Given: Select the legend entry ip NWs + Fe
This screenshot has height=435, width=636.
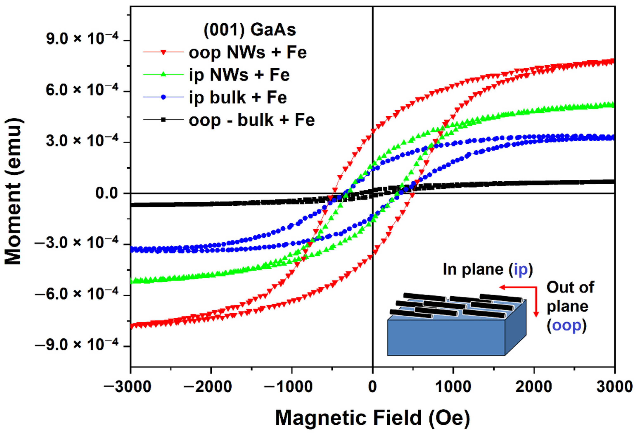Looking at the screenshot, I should [x=239, y=75].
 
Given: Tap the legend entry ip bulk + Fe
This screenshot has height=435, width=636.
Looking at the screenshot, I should [x=237, y=97].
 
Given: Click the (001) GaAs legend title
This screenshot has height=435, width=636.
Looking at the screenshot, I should [x=250, y=30].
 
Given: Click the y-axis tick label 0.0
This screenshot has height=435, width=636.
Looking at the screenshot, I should [x=107, y=193].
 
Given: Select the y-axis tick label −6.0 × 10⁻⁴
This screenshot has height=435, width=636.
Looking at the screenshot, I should [x=77, y=294].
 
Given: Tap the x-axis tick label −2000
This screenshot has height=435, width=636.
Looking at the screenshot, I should [x=208, y=387].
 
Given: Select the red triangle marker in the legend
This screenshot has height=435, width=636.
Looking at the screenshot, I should [x=163, y=52].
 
